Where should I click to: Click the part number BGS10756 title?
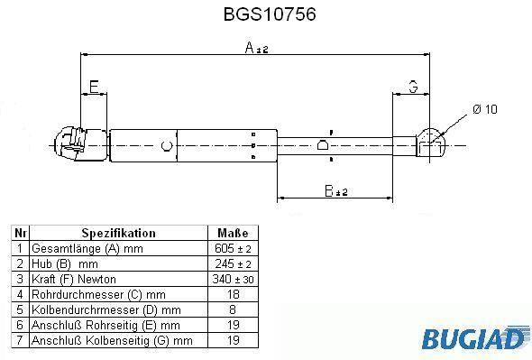click(x=270, y=14)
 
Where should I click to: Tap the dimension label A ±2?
click(x=256, y=48)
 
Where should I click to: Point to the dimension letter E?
click(x=94, y=87)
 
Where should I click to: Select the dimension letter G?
click(x=413, y=87)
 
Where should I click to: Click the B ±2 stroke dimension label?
click(x=336, y=191)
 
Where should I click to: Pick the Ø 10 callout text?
click(x=485, y=109)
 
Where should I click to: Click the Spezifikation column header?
click(x=119, y=233)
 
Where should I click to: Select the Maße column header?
click(x=233, y=233)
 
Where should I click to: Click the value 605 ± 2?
click(x=233, y=249)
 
